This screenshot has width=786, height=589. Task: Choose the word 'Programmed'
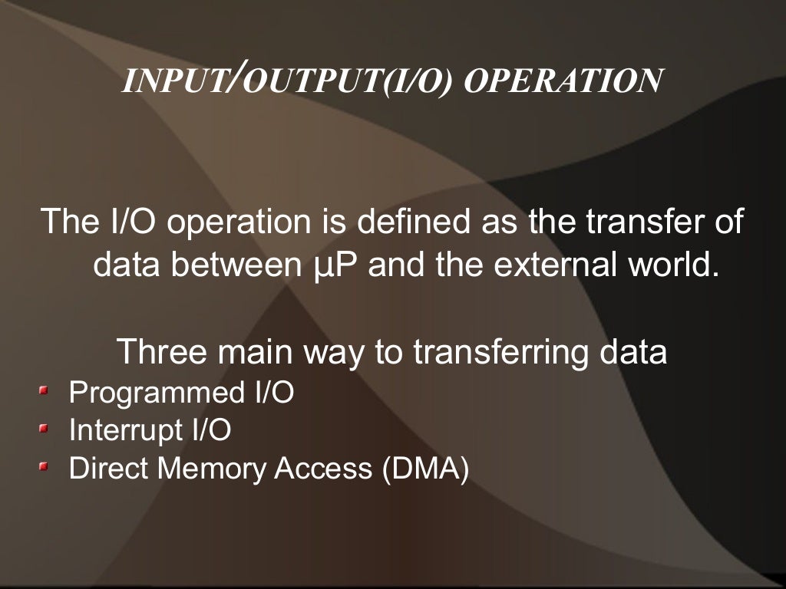(x=157, y=393)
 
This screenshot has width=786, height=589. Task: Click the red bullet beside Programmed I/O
(x=44, y=392)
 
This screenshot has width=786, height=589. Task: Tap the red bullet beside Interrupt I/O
(x=44, y=428)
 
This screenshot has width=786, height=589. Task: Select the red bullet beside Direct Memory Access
(x=44, y=466)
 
